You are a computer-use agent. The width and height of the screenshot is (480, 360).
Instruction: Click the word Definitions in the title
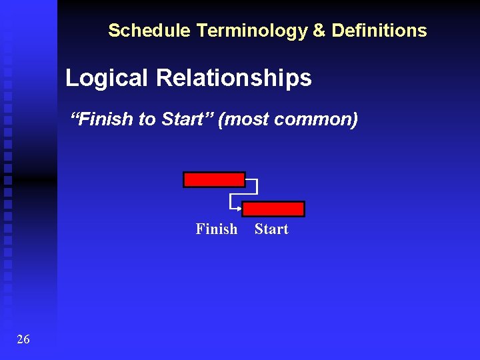coord(379,31)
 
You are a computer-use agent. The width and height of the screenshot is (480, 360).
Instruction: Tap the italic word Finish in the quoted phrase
coord(106,120)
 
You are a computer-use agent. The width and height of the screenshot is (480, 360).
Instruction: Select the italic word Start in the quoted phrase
coord(182,120)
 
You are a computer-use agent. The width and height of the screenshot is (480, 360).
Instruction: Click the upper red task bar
coord(214,180)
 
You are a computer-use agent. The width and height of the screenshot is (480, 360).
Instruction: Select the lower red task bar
coord(273,209)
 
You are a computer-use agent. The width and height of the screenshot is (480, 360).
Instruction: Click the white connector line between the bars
coord(257,187)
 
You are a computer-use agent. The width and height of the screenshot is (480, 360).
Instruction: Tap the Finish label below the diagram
coord(216,229)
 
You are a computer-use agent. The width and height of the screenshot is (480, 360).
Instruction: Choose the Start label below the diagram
coord(271,229)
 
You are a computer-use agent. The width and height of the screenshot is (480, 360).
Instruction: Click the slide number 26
coord(23,340)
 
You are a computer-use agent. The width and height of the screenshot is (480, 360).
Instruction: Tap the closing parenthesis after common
coord(355,120)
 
